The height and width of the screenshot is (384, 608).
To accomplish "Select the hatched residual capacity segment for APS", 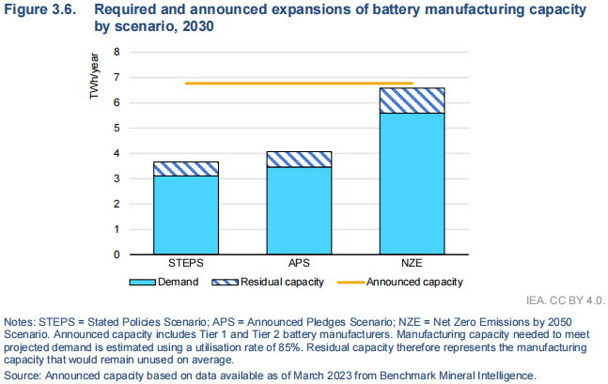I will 298,160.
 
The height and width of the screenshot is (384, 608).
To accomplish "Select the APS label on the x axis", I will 298,265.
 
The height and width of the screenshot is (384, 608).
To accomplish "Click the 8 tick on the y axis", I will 117,52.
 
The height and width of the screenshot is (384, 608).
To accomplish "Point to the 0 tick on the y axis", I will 117,254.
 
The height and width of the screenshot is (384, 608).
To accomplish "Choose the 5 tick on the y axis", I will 117,128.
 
